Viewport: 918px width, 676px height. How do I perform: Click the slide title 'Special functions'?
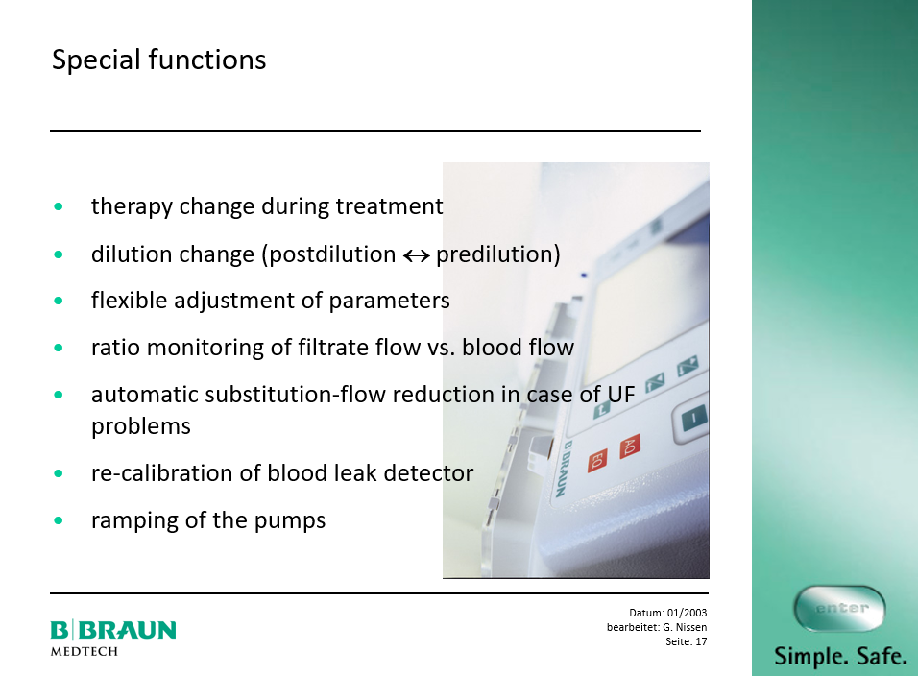158,60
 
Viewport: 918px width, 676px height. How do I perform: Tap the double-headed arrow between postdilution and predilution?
416,255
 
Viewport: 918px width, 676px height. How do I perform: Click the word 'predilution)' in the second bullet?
498,254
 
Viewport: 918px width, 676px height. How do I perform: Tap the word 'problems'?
141,426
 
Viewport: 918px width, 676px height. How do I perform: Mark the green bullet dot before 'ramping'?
58,520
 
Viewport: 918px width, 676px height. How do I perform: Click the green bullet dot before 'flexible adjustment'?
58,301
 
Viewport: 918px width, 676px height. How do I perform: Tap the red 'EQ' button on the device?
597,459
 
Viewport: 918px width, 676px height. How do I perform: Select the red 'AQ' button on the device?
629,447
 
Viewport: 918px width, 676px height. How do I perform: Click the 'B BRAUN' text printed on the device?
560,469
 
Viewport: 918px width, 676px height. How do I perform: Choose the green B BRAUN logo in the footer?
113,630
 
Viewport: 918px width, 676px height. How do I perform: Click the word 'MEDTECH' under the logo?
85,651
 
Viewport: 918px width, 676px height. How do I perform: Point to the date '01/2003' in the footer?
687,613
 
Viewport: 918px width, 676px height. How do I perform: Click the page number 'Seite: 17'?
687,641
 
